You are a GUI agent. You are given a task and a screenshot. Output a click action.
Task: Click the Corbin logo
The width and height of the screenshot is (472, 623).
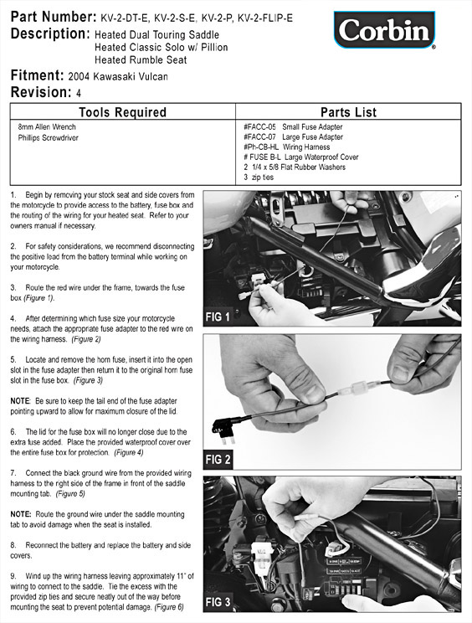384,30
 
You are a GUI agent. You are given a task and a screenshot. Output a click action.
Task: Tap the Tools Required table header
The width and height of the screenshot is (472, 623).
122,112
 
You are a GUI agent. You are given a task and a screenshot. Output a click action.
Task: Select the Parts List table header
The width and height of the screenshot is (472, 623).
348,112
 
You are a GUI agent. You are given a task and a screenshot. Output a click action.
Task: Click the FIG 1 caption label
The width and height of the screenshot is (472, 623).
218,317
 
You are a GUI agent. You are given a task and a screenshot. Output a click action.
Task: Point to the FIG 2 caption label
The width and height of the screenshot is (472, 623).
218,460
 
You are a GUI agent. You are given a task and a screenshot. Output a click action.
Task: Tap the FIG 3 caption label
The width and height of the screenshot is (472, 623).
218,602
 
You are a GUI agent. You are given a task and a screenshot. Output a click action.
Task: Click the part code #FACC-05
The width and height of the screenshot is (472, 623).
259,127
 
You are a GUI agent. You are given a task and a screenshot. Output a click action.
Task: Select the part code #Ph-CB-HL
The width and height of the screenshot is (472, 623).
261,147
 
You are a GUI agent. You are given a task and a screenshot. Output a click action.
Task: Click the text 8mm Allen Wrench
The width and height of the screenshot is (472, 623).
47,127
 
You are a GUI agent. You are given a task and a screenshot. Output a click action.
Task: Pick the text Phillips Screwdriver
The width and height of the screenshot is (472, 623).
48,138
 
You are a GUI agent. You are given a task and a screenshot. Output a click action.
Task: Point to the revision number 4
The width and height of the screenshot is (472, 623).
79,94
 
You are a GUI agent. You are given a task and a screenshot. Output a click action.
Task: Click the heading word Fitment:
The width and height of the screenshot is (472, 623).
38,75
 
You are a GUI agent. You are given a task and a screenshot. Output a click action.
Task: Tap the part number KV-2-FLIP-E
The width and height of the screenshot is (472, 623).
264,18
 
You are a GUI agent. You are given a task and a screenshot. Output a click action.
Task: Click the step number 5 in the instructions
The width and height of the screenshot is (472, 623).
13,359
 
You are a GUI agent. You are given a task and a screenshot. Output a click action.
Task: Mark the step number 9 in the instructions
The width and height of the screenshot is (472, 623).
13,576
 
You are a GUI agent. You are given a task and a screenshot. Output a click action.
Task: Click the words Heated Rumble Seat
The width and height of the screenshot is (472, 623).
141,60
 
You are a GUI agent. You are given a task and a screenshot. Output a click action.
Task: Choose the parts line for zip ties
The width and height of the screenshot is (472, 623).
259,178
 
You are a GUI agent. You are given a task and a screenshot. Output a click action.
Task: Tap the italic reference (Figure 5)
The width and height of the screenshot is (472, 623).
70,494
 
